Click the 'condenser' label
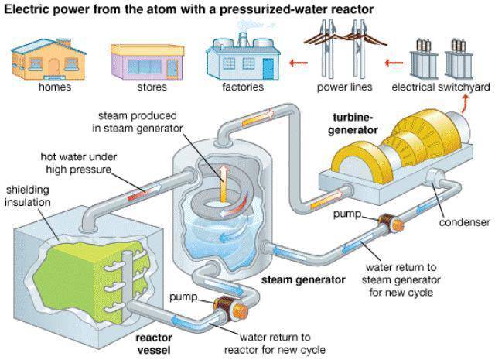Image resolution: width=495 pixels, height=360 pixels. point(464,222)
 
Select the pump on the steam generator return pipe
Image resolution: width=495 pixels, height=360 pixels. point(390,223)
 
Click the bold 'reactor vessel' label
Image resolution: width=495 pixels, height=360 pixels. point(153,343)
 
